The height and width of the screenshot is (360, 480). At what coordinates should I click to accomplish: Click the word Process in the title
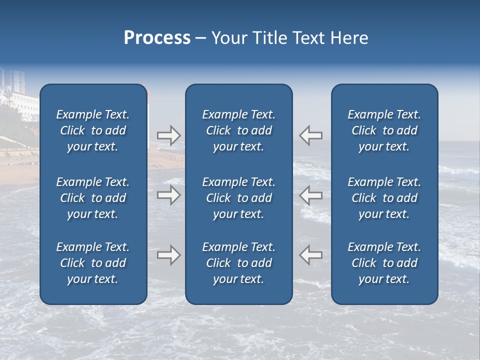pyautogui.click(x=157, y=38)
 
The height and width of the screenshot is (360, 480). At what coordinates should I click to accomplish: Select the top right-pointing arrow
pyautogui.click(x=168, y=135)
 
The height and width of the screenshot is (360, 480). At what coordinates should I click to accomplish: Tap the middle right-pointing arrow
pyautogui.click(x=168, y=194)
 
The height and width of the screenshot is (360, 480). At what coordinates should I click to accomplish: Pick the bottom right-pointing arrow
pyautogui.click(x=168, y=255)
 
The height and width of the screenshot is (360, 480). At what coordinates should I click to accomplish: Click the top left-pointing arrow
pyautogui.click(x=310, y=135)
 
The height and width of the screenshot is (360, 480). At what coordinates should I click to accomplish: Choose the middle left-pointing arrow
pyautogui.click(x=310, y=194)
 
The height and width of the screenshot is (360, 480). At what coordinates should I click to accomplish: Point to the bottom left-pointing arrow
pyautogui.click(x=310, y=255)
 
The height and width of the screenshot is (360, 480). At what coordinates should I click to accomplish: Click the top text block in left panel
pyautogui.click(x=93, y=130)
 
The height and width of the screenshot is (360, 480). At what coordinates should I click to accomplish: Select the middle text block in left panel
pyautogui.click(x=93, y=198)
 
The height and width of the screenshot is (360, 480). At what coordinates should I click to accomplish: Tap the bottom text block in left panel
pyautogui.click(x=93, y=263)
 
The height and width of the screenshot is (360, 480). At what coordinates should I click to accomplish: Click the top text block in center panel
pyautogui.click(x=238, y=130)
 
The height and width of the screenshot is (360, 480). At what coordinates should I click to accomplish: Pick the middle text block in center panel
pyautogui.click(x=238, y=198)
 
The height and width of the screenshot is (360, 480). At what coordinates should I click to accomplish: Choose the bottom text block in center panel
pyautogui.click(x=238, y=263)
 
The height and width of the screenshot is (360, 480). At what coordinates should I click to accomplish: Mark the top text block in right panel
pyautogui.click(x=384, y=130)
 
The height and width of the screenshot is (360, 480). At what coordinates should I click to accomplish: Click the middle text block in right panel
pyautogui.click(x=384, y=198)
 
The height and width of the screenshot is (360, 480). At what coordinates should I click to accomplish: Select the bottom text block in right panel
pyautogui.click(x=384, y=263)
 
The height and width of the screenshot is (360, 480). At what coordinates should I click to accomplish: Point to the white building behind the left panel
pyautogui.click(x=20, y=100)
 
